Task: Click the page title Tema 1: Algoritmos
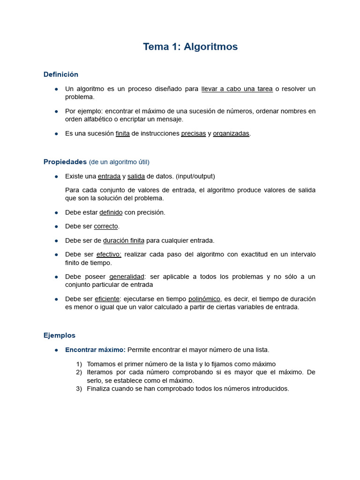(x=190, y=47)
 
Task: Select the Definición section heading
(x=61, y=75)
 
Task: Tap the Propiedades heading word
(x=65, y=162)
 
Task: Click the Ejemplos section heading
(x=59, y=335)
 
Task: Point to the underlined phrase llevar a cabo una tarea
(x=237, y=89)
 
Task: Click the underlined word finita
(x=122, y=134)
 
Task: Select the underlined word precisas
(x=193, y=134)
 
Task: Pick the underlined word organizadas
(x=231, y=134)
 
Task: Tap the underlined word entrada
(x=109, y=176)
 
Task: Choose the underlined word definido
(x=111, y=212)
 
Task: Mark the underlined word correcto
(x=105, y=226)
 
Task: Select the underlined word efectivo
(x=109, y=255)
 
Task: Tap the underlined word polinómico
(x=204, y=299)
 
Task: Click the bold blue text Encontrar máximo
(x=95, y=350)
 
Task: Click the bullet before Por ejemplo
(x=56, y=112)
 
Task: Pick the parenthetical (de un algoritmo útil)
(x=119, y=162)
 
